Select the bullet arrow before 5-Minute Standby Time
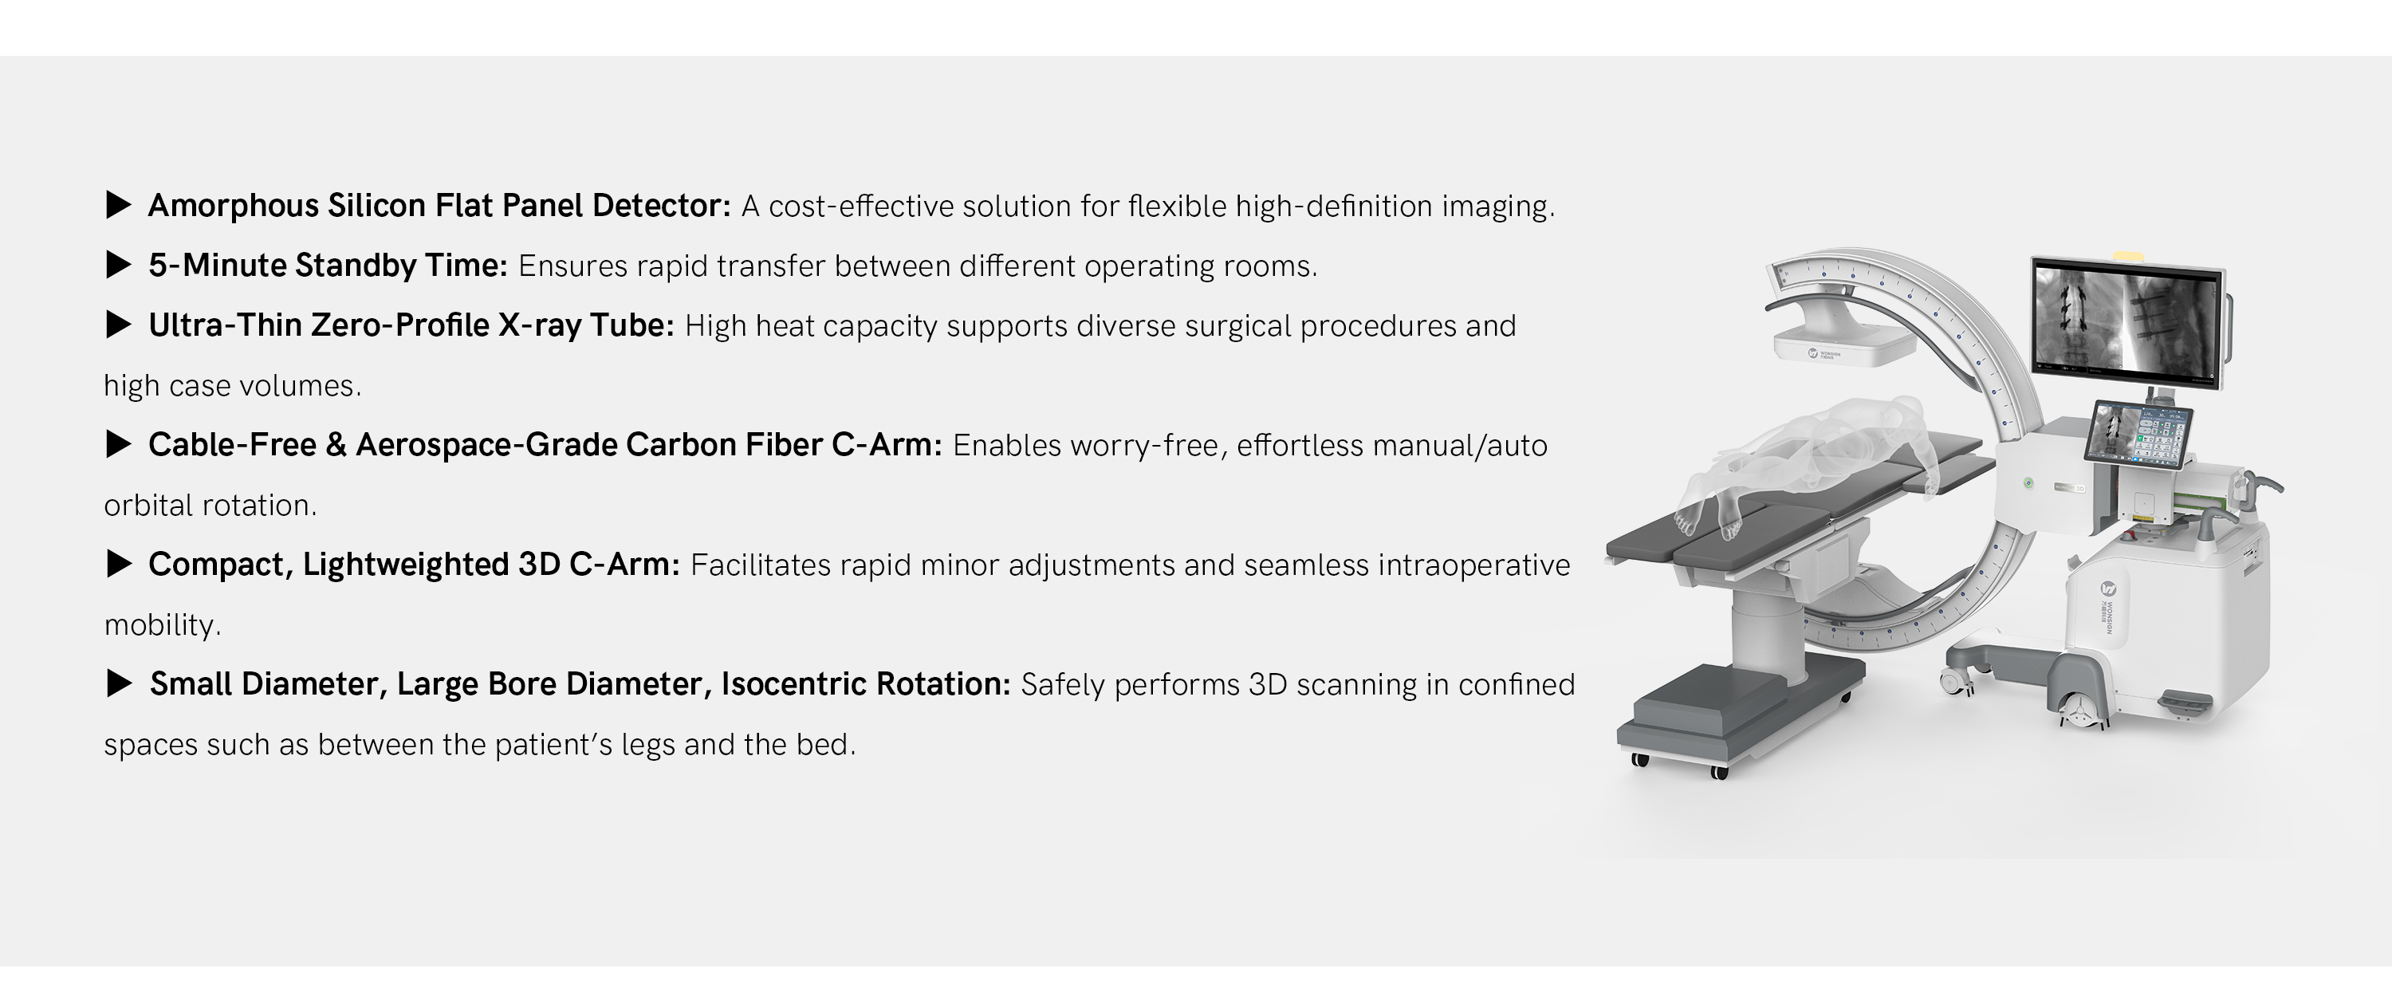(119, 266)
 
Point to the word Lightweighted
(405, 565)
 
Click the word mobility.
(163, 625)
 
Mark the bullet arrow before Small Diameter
(119, 684)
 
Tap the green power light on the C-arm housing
(2030, 483)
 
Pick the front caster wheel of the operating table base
(1719, 772)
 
